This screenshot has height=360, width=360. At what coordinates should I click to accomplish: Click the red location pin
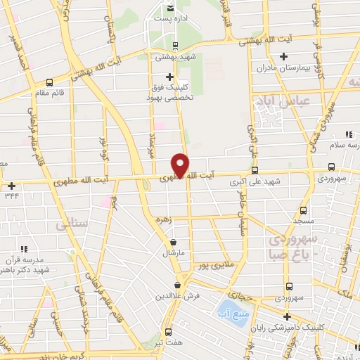[x=181, y=166]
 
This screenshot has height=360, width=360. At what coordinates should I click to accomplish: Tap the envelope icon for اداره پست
[x=169, y=8]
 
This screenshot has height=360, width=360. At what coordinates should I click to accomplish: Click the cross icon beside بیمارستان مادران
[x=283, y=56]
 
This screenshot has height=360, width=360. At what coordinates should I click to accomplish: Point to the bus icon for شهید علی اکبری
[x=255, y=169]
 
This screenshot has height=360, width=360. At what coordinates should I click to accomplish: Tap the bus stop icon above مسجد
[x=304, y=210]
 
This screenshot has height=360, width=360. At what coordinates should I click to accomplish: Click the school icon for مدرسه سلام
[x=348, y=134]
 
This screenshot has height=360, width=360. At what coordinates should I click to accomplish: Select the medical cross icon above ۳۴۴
[x=12, y=186]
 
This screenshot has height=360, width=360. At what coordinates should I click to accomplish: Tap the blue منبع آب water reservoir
[x=230, y=309]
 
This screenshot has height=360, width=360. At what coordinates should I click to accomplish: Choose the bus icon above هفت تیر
[x=167, y=332]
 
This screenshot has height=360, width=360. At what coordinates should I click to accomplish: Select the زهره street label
[x=165, y=219]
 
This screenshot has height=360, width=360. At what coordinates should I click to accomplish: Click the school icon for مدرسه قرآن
[x=24, y=249]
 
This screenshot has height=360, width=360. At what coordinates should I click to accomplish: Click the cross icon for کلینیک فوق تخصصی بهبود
[x=169, y=77]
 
